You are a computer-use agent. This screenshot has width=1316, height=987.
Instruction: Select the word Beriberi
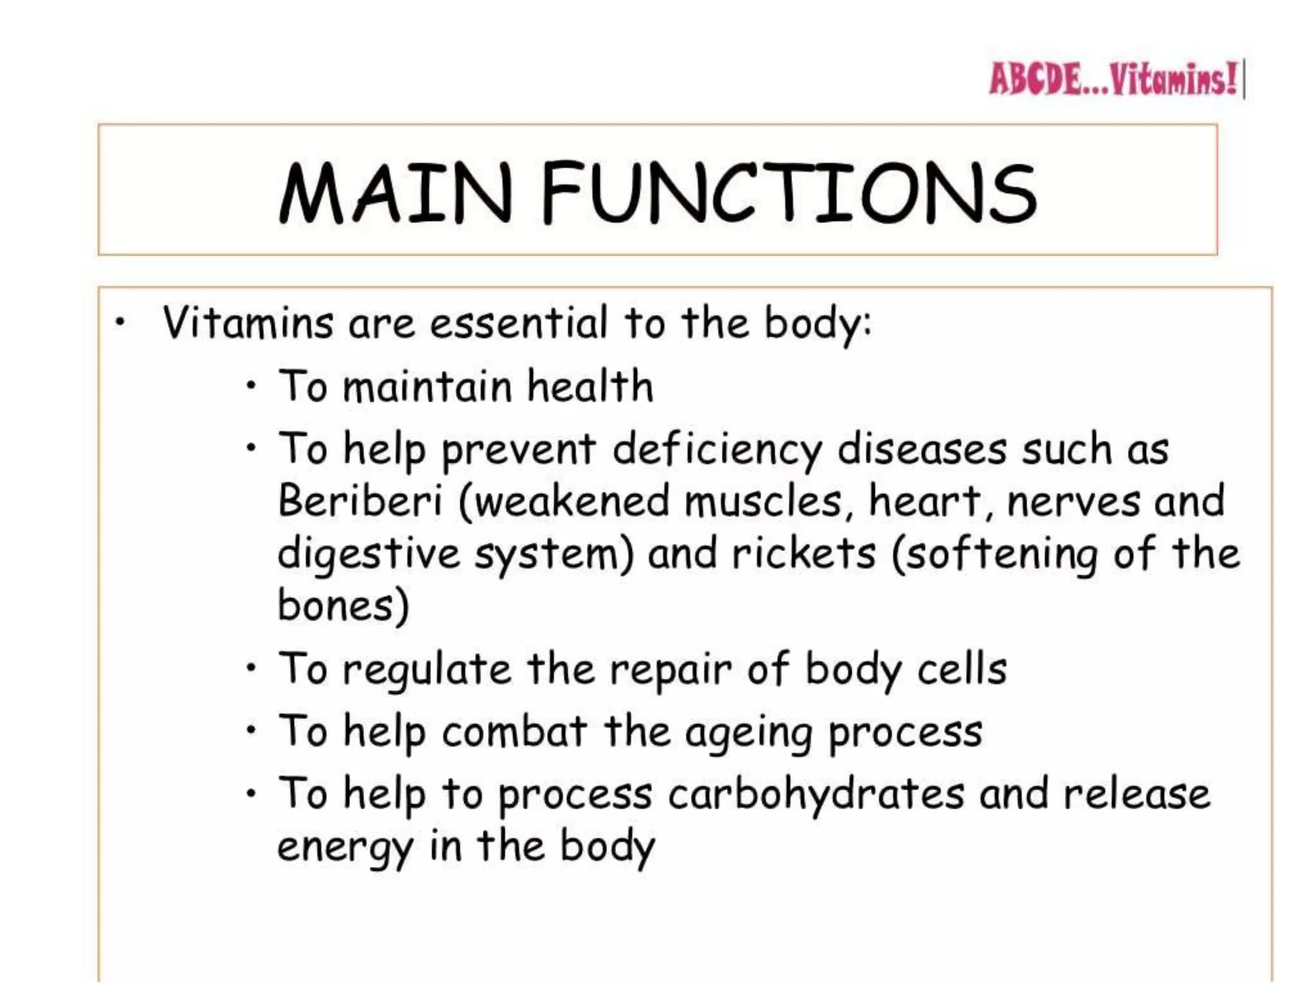(x=360, y=501)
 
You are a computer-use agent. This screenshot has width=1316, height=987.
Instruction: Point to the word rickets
(x=804, y=553)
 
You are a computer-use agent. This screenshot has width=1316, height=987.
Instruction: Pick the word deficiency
(x=717, y=449)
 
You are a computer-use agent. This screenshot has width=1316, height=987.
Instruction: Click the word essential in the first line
(x=518, y=323)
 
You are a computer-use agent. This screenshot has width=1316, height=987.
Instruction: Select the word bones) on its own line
(x=343, y=605)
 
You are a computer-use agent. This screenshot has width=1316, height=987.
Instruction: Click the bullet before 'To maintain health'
(x=252, y=386)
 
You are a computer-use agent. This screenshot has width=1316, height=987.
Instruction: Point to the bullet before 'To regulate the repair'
(x=252, y=668)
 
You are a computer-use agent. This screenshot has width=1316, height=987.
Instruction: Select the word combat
(x=515, y=732)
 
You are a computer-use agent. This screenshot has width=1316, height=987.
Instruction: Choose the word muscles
(x=763, y=501)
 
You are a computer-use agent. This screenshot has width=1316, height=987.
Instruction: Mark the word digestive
(x=369, y=555)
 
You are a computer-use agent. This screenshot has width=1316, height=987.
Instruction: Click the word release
(x=1137, y=794)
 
